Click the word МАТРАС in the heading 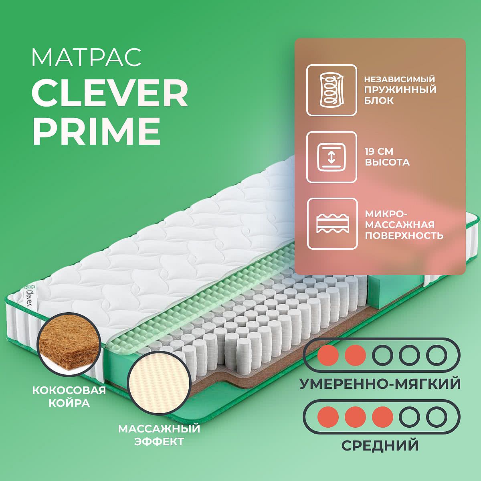(x=86, y=58)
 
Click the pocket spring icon (x=331, y=90)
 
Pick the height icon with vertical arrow (x=331, y=157)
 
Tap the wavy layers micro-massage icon (x=332, y=224)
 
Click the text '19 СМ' (x=379, y=152)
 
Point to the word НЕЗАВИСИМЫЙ (x=399, y=79)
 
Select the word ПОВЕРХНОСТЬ (x=404, y=235)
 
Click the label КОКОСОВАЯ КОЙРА (x=69, y=397)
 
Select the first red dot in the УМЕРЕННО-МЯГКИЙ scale (x=328, y=355)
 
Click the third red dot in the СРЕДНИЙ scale (x=382, y=416)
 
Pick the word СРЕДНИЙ (x=380, y=445)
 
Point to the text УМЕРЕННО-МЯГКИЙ (x=380, y=384)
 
